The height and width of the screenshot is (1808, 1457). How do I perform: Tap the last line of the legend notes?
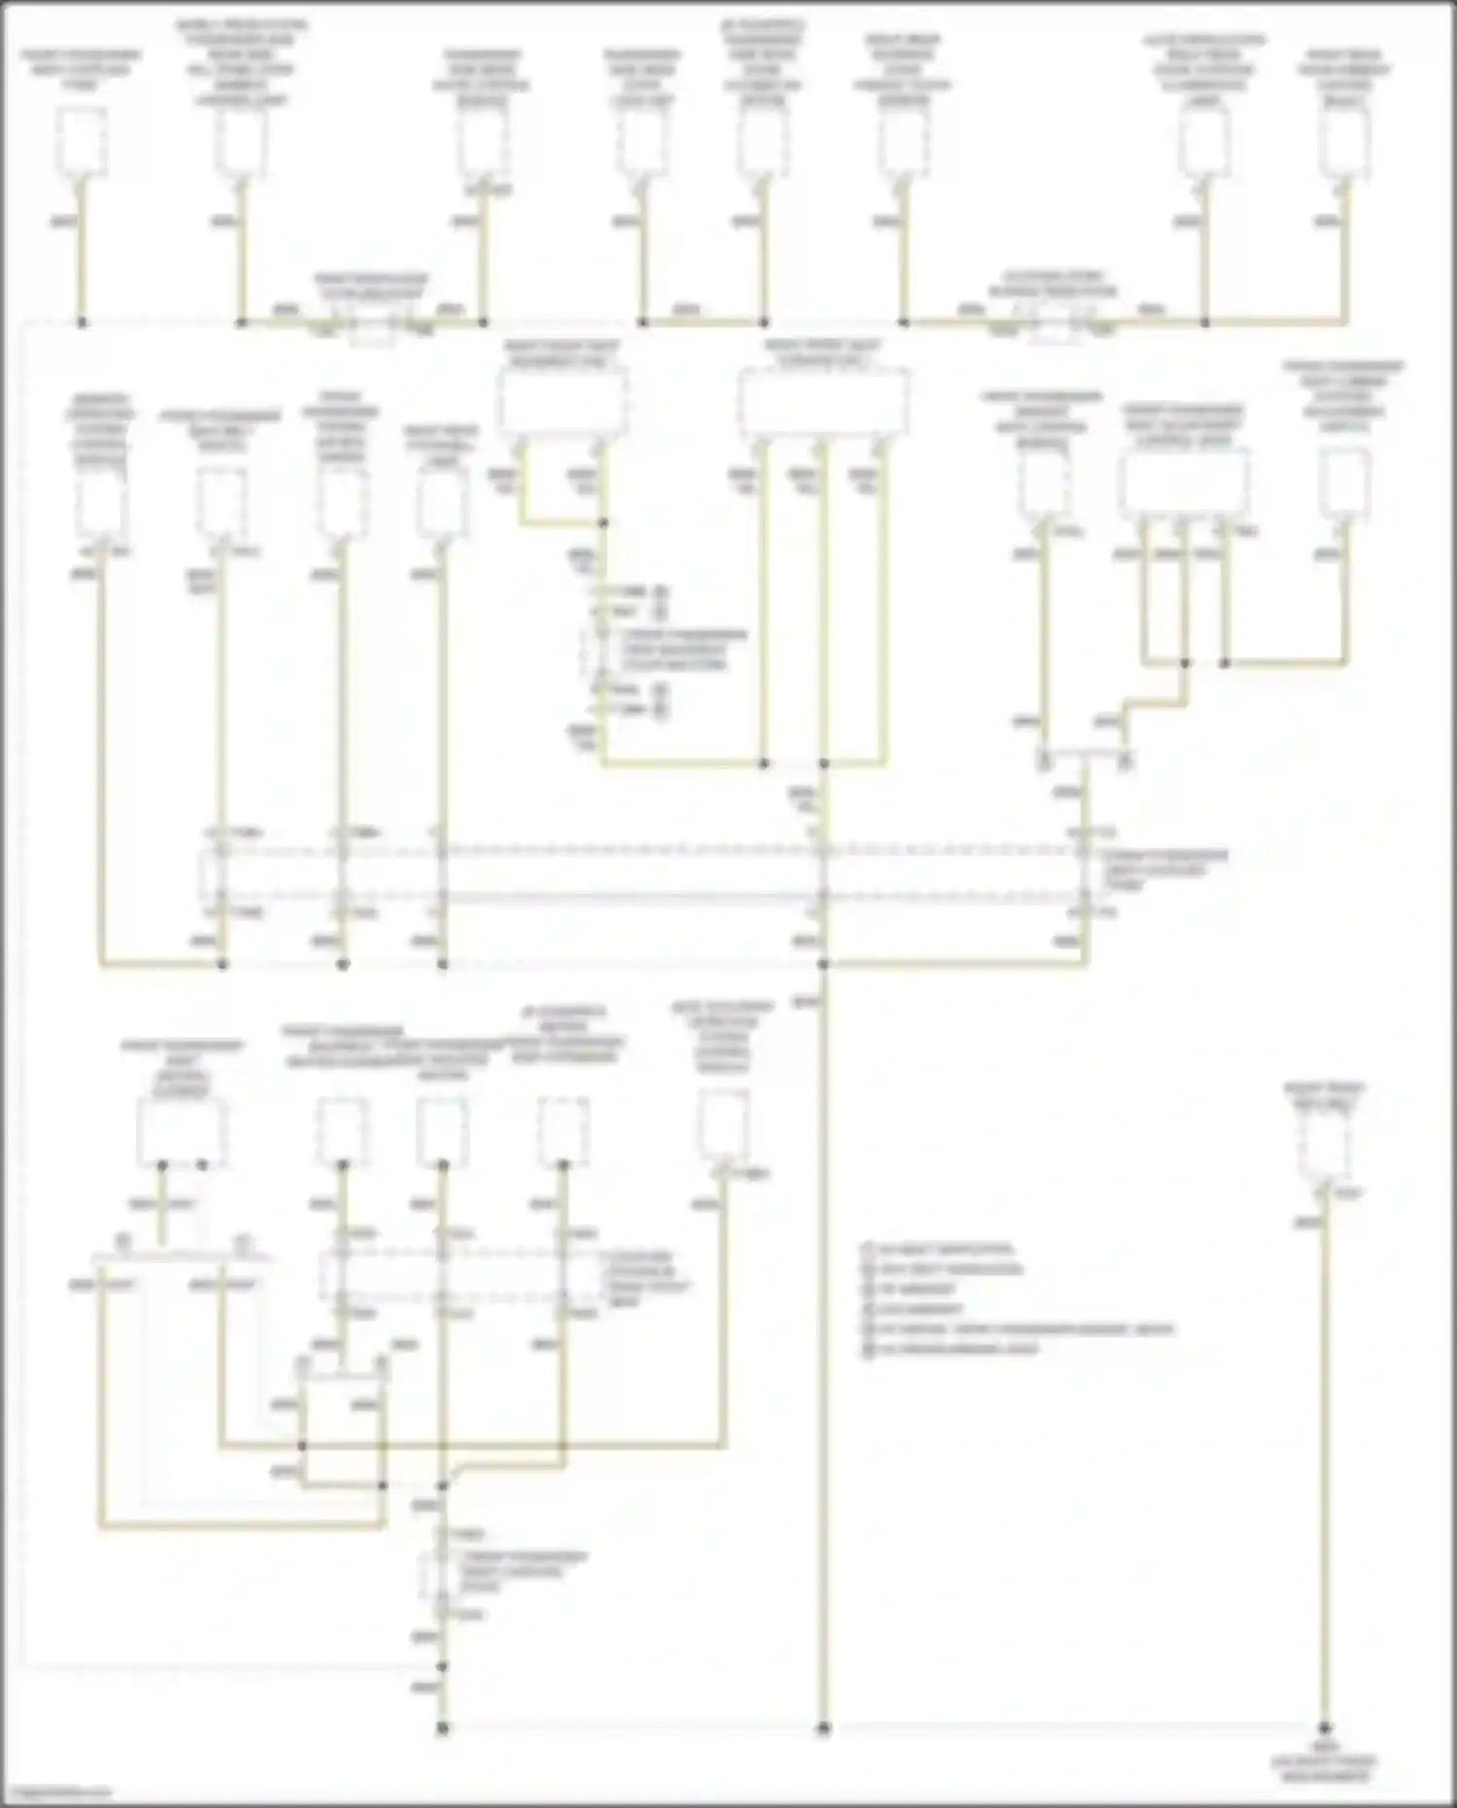[957, 1348]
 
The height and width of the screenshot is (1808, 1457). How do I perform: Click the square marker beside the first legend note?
[868, 1248]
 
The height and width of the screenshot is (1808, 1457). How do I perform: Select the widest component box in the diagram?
[824, 400]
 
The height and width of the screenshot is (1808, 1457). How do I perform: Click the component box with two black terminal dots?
[183, 1133]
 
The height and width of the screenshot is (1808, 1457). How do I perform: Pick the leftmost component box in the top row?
[82, 142]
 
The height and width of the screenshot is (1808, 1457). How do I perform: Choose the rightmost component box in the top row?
[1345, 142]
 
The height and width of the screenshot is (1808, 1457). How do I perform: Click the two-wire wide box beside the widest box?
[561, 400]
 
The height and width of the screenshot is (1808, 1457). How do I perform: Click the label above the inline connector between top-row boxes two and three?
[370, 286]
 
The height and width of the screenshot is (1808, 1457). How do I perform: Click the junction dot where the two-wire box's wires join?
[603, 523]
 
